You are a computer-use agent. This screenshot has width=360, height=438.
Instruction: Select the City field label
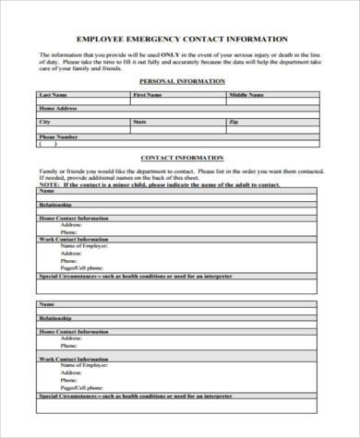[x=44, y=121]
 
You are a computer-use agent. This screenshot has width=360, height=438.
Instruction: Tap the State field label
[x=139, y=121]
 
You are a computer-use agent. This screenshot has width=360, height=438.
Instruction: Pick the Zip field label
[x=234, y=121]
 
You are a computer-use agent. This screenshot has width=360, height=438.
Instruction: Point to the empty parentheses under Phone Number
[x=47, y=143]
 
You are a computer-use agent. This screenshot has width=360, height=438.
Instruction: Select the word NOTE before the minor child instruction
[x=48, y=184]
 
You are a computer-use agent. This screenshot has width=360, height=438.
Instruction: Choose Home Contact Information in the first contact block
[x=73, y=217]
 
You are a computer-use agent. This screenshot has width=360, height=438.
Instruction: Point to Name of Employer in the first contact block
[x=80, y=245]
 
